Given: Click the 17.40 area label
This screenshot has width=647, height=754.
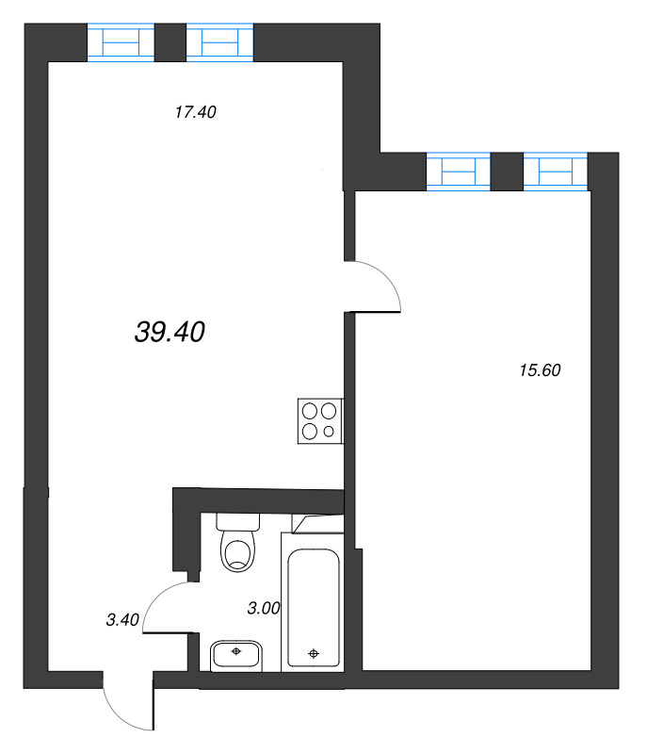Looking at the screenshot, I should click(x=196, y=112).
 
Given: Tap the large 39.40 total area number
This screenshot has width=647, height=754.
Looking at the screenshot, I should click(x=170, y=331).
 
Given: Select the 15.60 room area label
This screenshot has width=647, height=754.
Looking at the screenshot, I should click(x=540, y=370).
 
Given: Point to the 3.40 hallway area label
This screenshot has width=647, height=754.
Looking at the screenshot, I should click(x=122, y=619).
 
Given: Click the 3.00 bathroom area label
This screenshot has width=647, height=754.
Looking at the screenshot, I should click(x=264, y=609).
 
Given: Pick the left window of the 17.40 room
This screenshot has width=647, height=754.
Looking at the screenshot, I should click(x=121, y=42).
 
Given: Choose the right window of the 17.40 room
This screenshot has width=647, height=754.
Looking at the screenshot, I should click(x=219, y=42).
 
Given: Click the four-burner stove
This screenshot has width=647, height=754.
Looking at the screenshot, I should click(x=320, y=421).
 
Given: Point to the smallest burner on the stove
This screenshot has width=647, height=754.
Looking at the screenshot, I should click(x=329, y=432).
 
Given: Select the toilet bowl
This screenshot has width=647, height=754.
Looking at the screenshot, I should click(x=236, y=551).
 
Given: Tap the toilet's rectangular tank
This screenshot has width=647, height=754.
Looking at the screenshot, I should click(x=237, y=520).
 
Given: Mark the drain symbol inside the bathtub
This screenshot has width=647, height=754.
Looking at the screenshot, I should click(x=314, y=651).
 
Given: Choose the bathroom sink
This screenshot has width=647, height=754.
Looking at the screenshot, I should click(x=236, y=653).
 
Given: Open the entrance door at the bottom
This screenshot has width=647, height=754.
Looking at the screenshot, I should click(x=127, y=702).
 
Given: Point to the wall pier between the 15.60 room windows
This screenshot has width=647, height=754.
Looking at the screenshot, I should click(x=508, y=171).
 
